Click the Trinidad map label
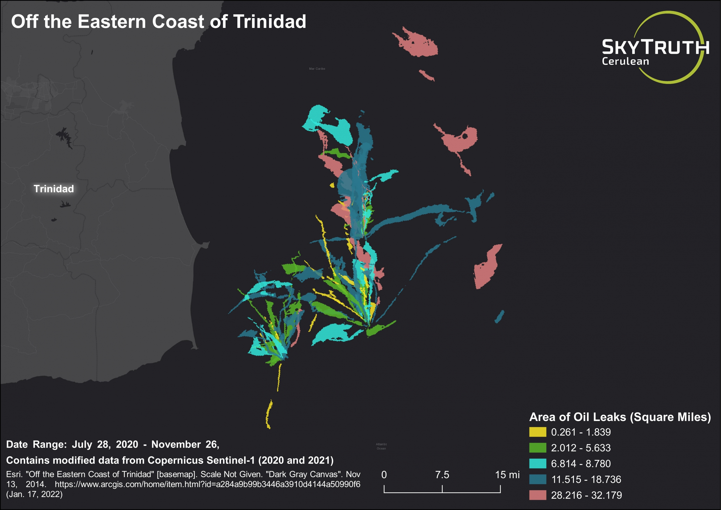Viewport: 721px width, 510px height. tap(54, 189)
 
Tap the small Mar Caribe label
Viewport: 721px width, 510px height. tap(317, 68)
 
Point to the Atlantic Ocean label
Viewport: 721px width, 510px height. tap(381, 446)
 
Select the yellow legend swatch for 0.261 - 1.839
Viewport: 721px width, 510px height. tap(537, 432)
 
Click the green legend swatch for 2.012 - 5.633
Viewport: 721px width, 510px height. tap(537, 447)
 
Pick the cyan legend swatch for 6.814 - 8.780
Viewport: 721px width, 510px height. tap(537, 464)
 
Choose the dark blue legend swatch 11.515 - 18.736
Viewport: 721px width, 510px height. tap(537, 479)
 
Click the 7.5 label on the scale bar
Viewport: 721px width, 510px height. tap(442, 474)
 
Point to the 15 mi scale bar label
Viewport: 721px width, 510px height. tap(507, 474)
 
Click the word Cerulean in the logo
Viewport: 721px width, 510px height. tap(625, 61)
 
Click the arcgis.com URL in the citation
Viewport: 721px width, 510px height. tap(207, 484)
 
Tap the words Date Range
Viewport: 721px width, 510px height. tap(36, 444)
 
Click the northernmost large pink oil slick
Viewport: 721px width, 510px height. tap(418, 44)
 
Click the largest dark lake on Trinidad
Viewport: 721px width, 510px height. tap(64, 136)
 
